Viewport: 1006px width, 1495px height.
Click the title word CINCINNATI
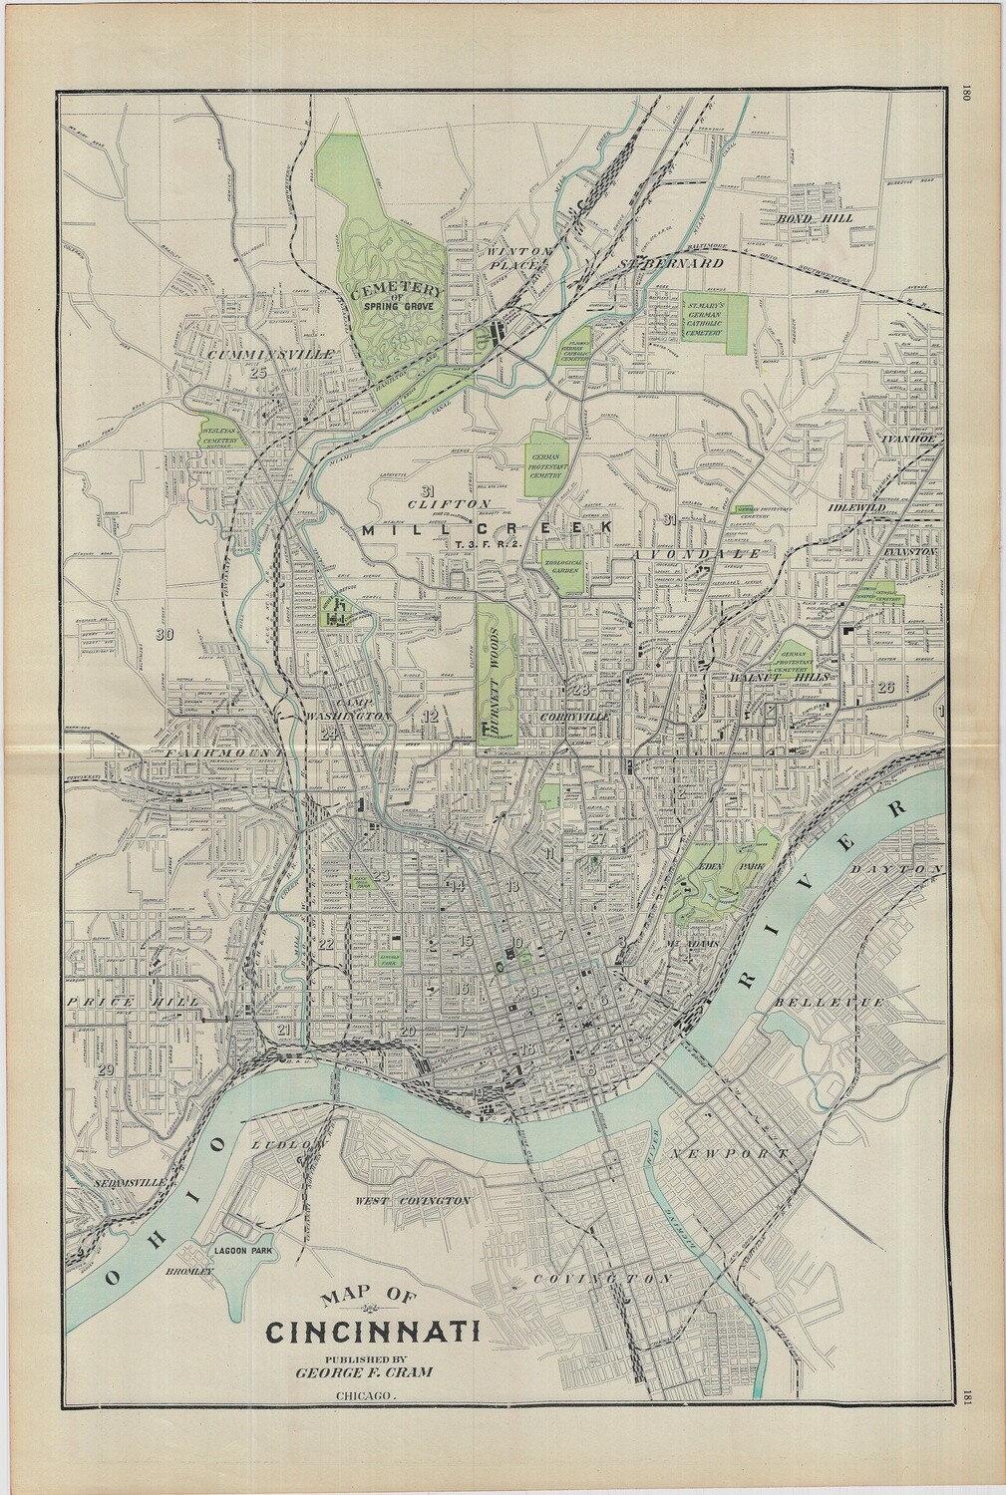coord(372,1332)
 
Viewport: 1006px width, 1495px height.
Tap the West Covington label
coord(413,1201)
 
